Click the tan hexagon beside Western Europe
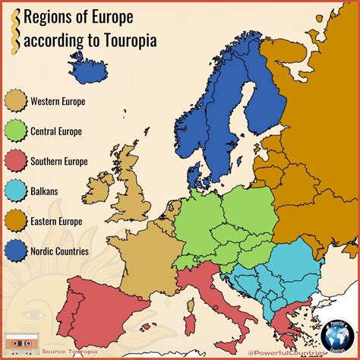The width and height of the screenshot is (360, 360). point(15,100)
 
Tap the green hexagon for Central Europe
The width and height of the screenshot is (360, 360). point(15,131)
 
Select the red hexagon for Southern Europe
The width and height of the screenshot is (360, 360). point(15,161)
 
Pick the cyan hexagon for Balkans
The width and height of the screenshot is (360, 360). point(15,191)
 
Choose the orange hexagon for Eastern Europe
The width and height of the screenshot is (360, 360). point(15,221)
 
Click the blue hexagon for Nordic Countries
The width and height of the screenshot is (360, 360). point(15,251)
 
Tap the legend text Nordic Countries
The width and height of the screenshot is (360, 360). point(59,251)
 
